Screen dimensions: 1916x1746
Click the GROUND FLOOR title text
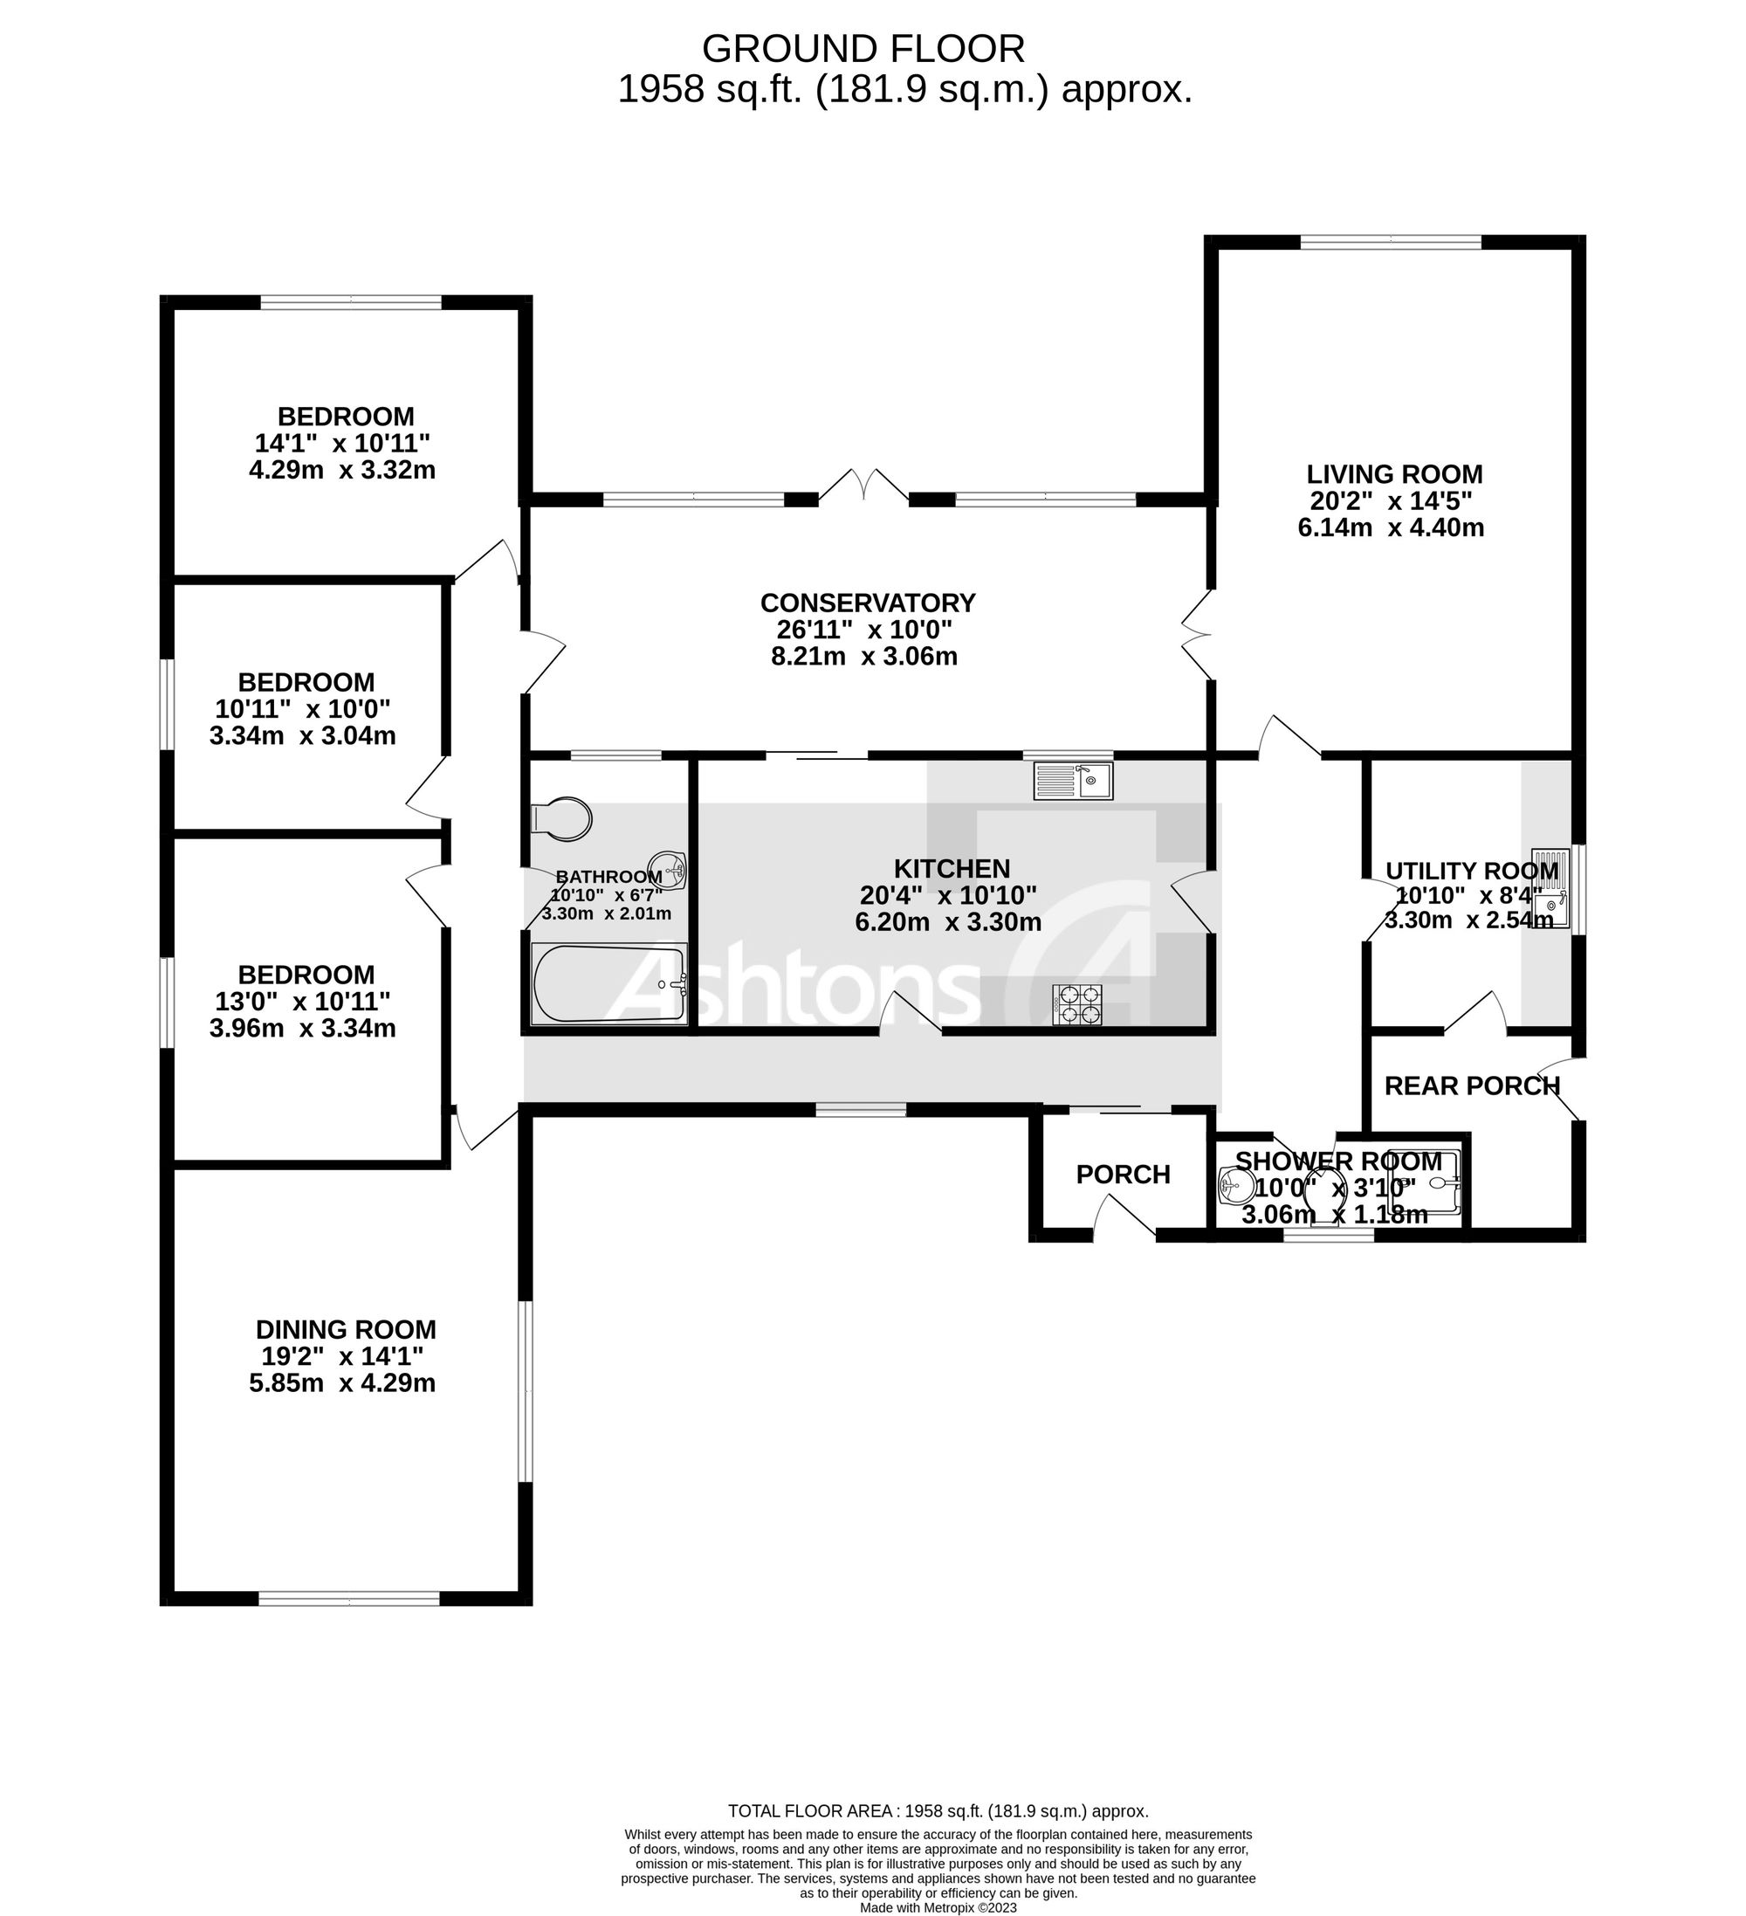coord(863,49)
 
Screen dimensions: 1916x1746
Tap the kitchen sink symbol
coord(1073,782)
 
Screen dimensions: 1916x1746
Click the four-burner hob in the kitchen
coord(1077,1004)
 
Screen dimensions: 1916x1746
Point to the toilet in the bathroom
coord(562,818)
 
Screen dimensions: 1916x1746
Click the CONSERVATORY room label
coord(867,603)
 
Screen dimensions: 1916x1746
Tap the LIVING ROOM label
coord(1393,474)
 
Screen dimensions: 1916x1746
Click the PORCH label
coord(1123,1175)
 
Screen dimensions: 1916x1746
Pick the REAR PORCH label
coord(1472,1086)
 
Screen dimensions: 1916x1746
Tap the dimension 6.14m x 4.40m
coord(1391,527)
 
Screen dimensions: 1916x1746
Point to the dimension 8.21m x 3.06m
coord(863,657)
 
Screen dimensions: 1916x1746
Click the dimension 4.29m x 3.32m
coord(342,471)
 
